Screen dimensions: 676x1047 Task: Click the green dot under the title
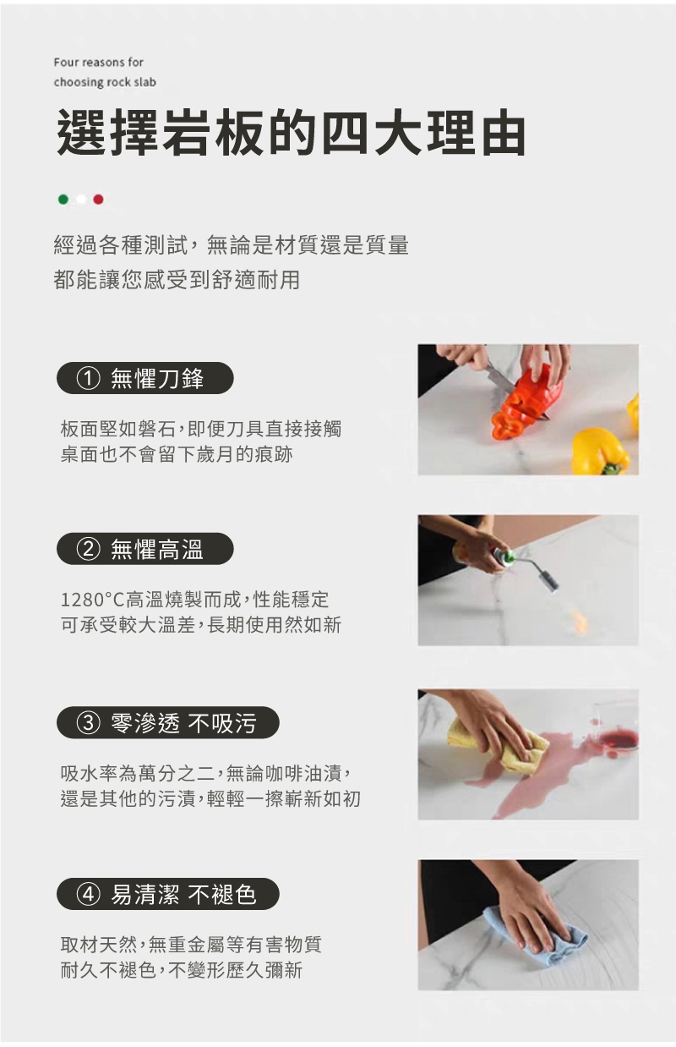click(x=63, y=200)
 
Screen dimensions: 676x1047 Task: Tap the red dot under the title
click(x=98, y=200)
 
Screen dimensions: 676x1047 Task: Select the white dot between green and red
click(x=81, y=200)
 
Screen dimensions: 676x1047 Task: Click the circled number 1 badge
click(x=88, y=379)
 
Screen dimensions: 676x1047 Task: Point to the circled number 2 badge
click(x=88, y=549)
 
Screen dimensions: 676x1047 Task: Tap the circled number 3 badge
click(x=88, y=723)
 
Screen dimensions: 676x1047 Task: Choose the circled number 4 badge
click(x=88, y=894)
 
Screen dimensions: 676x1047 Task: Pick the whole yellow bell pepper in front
click(x=601, y=451)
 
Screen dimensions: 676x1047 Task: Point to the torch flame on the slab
click(x=580, y=620)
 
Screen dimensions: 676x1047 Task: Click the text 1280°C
click(x=92, y=600)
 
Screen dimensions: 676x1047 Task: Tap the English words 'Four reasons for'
click(x=99, y=63)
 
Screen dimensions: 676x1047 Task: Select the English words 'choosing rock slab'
click(x=105, y=83)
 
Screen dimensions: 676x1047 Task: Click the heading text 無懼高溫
click(x=157, y=549)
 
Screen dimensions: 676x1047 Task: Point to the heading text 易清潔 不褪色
click(x=183, y=894)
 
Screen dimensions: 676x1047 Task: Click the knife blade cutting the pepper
click(x=501, y=379)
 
